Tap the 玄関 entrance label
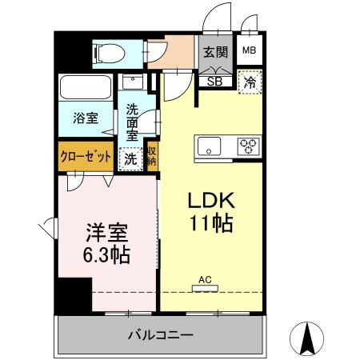(214, 53)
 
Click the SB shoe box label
(214, 80)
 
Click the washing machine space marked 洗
(130, 158)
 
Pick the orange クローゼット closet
(86, 157)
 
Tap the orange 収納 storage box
(151, 157)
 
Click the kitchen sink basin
(210, 146)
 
